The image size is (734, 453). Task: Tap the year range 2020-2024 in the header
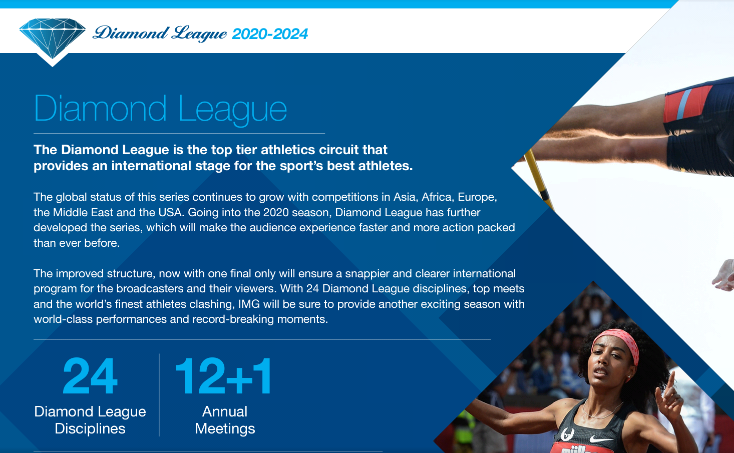270,34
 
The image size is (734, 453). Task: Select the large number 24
90,376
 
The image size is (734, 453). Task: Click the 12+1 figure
224,376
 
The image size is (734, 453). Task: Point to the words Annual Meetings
225,420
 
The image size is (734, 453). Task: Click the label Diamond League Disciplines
90,420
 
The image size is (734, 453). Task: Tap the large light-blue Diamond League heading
160,110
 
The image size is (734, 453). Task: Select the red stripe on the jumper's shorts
688,104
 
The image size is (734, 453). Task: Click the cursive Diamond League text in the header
160,34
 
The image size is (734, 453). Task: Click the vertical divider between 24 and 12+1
159,395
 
